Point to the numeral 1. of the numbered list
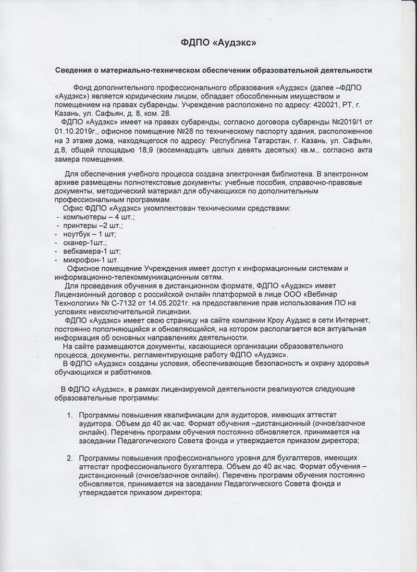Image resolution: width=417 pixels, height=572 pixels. [69, 415]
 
